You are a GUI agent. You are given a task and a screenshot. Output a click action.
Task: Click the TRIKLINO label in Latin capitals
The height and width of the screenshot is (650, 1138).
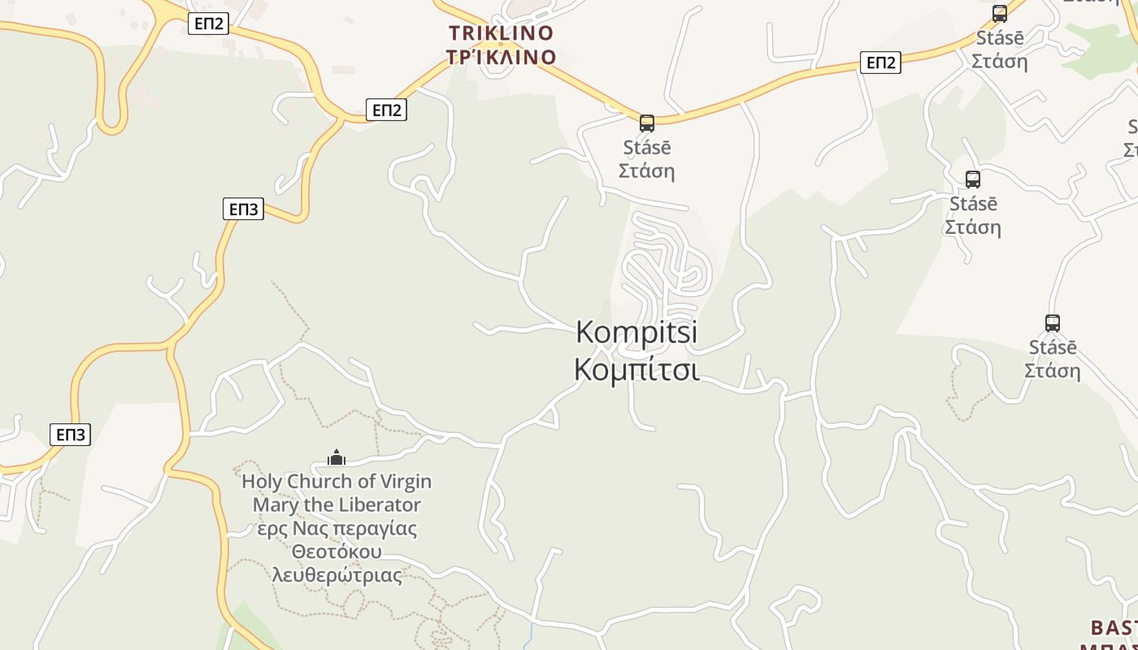[x=502, y=33]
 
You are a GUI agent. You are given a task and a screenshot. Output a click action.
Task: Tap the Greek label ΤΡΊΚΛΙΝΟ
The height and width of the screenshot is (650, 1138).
[x=502, y=57]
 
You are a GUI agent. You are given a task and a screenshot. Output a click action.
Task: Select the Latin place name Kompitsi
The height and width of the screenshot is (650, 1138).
[x=636, y=332]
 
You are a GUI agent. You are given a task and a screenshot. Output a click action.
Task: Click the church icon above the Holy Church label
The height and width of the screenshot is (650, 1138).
[x=337, y=458]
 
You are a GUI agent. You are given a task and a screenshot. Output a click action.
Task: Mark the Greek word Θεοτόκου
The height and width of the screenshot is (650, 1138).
[x=337, y=552]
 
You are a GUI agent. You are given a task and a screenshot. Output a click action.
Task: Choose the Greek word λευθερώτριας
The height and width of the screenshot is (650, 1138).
[x=337, y=575]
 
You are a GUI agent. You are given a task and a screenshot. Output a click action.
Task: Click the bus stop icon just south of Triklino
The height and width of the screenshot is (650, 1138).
[x=647, y=123]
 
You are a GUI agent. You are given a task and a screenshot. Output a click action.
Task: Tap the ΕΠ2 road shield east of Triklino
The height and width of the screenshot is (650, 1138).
[x=880, y=63]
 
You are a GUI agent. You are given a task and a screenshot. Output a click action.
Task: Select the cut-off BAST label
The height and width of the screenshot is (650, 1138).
[x=1114, y=628]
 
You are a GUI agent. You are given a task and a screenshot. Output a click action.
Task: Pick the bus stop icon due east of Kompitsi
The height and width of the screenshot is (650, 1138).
[x=1053, y=323]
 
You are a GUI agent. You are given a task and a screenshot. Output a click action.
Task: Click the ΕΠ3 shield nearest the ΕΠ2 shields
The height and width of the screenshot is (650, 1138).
[x=243, y=209]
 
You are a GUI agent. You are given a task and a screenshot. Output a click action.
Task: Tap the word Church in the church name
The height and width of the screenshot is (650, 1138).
[x=321, y=482]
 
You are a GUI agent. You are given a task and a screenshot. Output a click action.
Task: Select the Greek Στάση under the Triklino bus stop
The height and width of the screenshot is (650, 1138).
[x=646, y=171]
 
